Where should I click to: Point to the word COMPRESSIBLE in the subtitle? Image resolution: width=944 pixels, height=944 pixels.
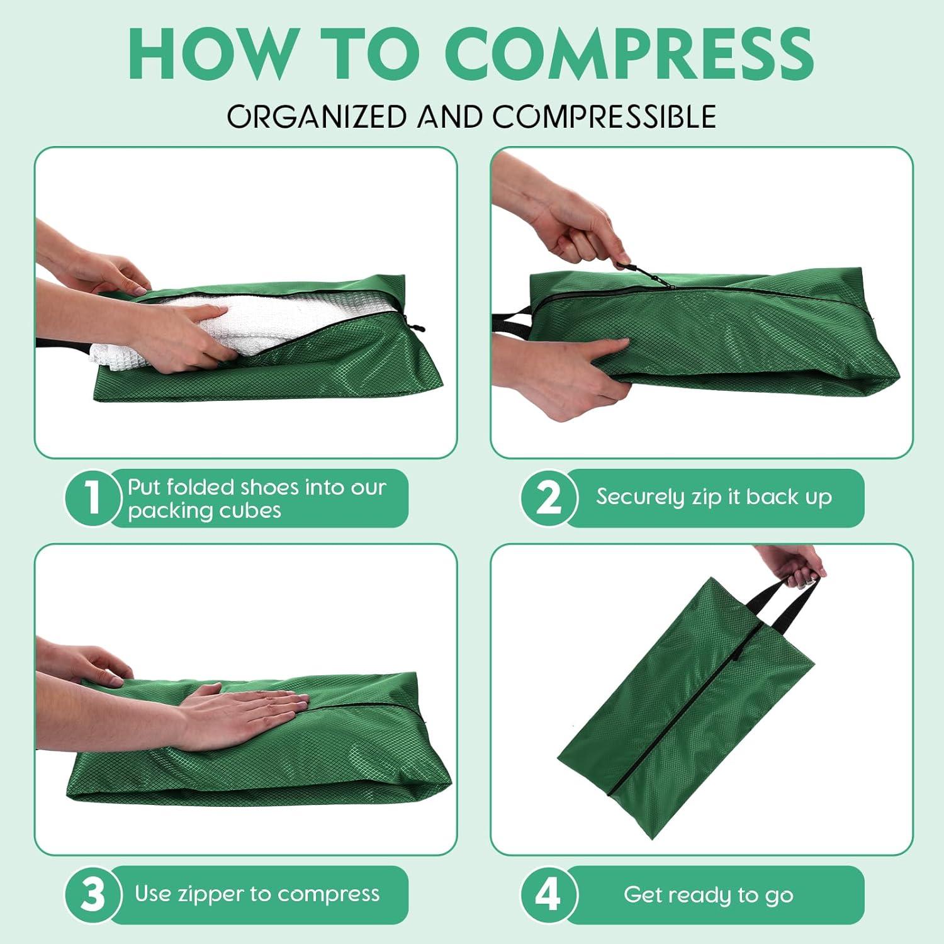tap(604, 116)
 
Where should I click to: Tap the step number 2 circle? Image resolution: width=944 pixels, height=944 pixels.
tap(548, 498)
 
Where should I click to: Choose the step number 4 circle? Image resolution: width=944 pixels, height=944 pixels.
tap(548, 895)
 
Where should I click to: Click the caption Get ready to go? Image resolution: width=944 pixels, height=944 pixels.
tap(708, 895)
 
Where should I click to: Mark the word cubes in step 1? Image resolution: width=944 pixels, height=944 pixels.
tap(250, 510)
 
